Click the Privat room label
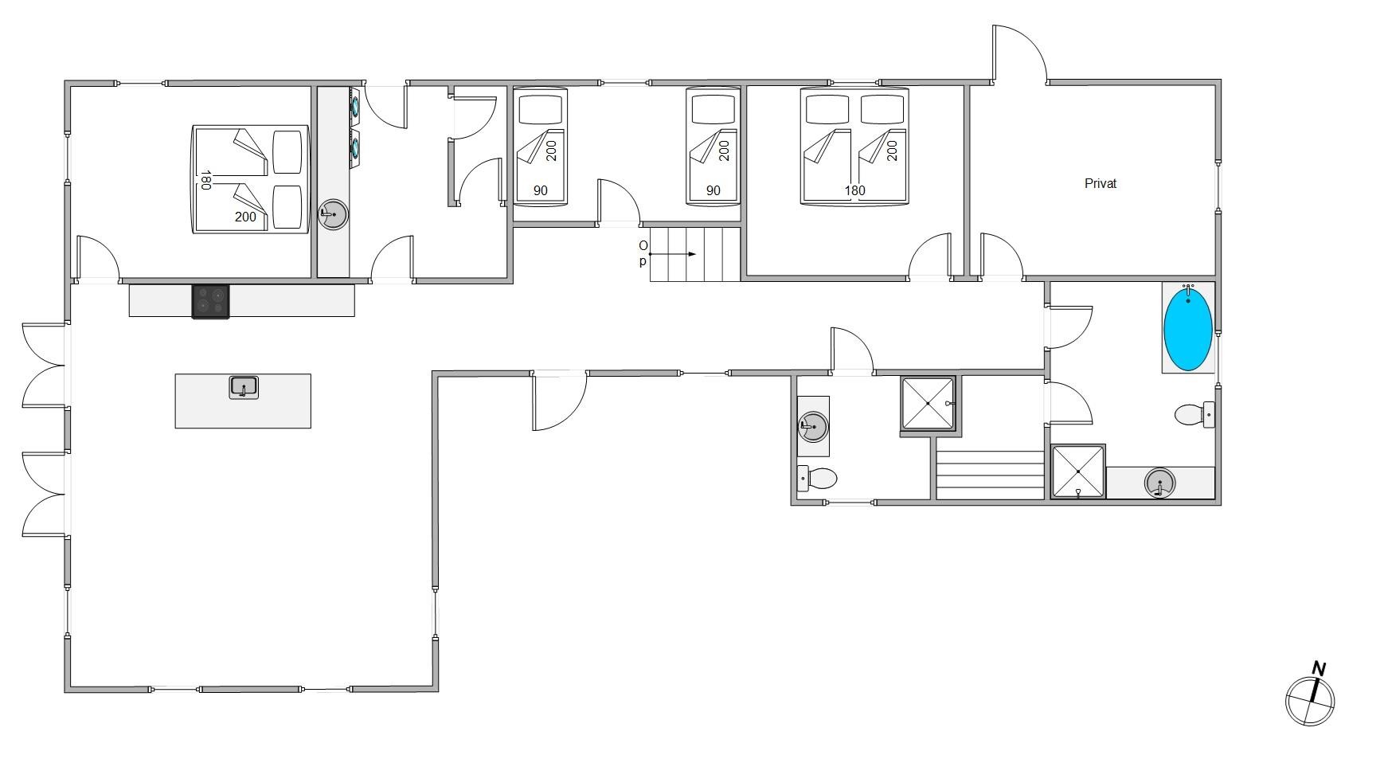1100,183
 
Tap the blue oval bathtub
1188,329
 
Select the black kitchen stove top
210,302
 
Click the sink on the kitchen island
244,388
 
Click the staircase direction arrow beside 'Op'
673,254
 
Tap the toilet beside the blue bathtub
1194,414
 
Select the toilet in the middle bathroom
817,479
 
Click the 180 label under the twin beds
854,190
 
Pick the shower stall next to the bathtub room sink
1078,471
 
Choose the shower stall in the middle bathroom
928,405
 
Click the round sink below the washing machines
333,213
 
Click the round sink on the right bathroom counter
1160,483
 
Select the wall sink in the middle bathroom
813,426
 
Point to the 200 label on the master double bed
245,217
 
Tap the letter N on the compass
1319,668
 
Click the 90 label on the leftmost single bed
541,190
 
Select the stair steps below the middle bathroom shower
990,475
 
